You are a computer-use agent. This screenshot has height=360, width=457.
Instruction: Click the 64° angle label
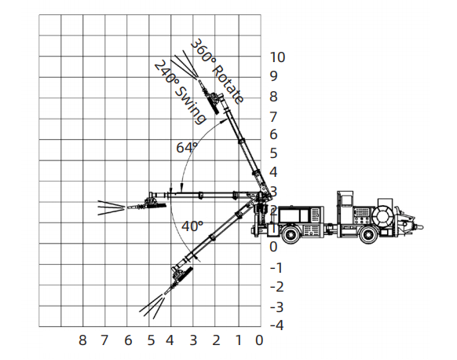click(187, 147)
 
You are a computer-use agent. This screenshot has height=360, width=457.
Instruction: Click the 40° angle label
click(192, 226)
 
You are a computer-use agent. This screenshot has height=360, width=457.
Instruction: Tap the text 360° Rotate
click(217, 71)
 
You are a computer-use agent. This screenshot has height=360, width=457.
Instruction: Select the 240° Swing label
click(180, 92)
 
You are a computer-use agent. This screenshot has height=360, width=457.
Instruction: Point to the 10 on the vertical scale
click(277, 57)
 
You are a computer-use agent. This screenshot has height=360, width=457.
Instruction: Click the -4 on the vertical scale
click(277, 325)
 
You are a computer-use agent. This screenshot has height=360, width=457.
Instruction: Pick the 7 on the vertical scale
click(273, 117)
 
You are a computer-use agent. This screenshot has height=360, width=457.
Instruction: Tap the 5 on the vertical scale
click(273, 153)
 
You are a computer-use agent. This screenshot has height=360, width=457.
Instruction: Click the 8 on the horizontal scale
click(82, 340)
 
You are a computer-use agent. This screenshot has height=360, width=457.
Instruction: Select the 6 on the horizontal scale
click(128, 340)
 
